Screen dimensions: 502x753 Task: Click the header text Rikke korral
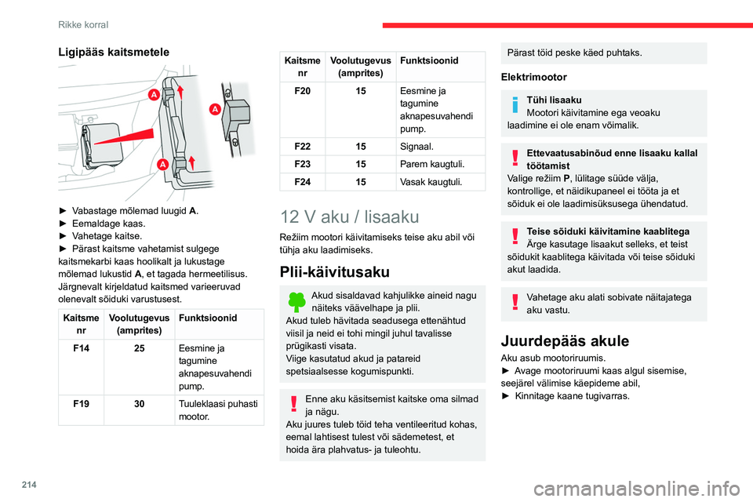point(83,24)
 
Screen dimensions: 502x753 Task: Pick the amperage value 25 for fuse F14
point(138,349)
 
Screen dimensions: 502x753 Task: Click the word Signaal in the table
point(416,147)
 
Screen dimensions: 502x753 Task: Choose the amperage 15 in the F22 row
point(360,147)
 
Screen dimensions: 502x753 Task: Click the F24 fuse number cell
point(301,182)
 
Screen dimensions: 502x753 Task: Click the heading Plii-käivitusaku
point(334,272)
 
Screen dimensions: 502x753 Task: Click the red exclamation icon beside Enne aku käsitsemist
point(295,403)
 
